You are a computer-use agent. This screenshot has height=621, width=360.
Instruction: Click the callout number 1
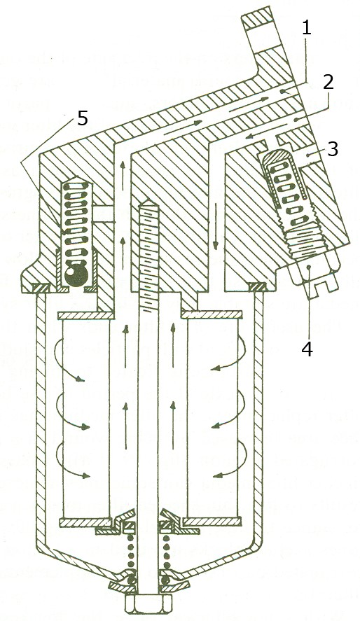tap(307, 28)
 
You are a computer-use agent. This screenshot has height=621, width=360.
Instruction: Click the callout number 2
tap(328, 83)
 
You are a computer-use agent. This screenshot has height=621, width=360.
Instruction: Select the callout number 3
tap(332, 149)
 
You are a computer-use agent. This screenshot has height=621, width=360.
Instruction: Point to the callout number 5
tap(82, 118)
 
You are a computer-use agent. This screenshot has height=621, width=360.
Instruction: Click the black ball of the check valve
tap(76, 273)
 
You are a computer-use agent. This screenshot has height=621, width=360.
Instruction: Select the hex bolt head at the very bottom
tap(148, 605)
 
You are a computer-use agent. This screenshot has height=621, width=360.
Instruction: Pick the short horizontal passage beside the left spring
tap(104, 213)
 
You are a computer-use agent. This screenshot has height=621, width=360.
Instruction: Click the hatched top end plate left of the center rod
tap(85, 315)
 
